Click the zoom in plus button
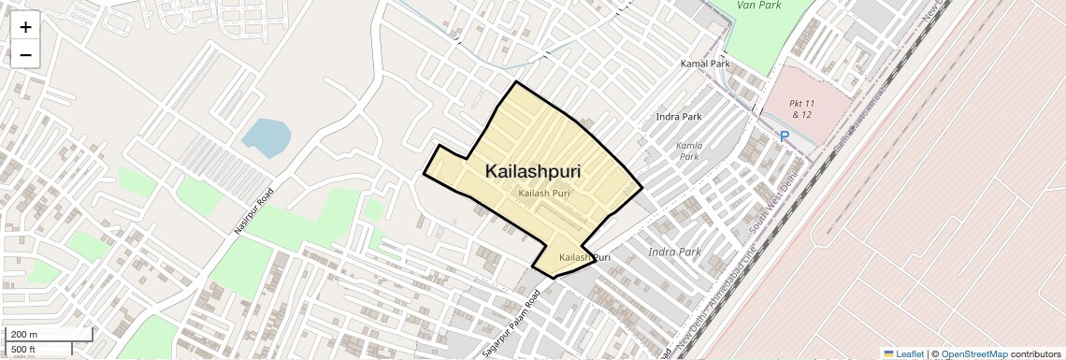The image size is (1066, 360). (x=25, y=27)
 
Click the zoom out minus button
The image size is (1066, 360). (x=25, y=55)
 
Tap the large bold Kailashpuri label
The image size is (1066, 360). (x=533, y=172)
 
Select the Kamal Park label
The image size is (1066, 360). (x=705, y=64)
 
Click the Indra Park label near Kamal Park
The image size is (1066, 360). (x=679, y=117)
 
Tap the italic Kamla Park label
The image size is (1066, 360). (x=689, y=151)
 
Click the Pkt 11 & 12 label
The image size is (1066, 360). (x=801, y=108)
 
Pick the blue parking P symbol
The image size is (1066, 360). (x=785, y=137)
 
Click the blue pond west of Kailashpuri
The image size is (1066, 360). (x=266, y=137)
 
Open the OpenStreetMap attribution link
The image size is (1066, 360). (x=973, y=353)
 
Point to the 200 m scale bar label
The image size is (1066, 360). (x=24, y=334)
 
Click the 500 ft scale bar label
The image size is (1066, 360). (x=23, y=350)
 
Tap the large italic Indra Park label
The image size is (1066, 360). (x=674, y=252)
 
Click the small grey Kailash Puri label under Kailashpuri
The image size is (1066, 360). (x=544, y=193)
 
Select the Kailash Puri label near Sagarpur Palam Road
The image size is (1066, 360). (x=584, y=257)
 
